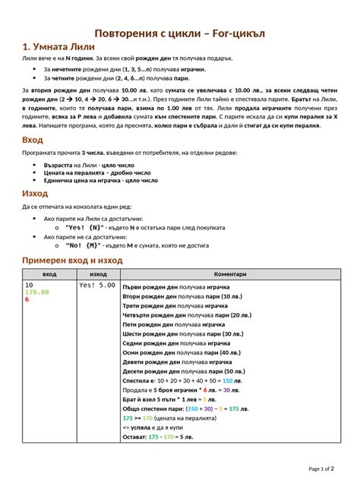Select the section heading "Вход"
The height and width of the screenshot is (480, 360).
click(x=33, y=141)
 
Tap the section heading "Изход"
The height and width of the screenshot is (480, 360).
click(x=35, y=194)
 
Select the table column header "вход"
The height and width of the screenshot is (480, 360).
click(x=49, y=274)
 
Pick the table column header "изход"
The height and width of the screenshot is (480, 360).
click(x=98, y=274)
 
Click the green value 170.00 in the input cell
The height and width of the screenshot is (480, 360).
click(x=37, y=292)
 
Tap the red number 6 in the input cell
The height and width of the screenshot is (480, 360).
click(x=27, y=300)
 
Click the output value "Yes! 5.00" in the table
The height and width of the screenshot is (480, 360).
click(x=97, y=286)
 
